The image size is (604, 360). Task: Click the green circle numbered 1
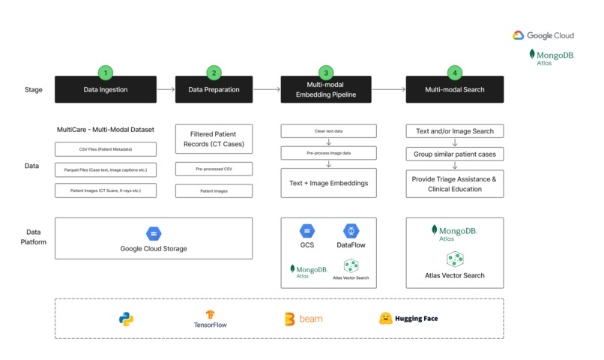pos(106,73)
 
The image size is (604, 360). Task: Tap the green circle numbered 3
pos(325,73)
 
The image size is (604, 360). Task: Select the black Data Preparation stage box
pos(214,90)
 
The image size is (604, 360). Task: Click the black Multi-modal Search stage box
pos(455,90)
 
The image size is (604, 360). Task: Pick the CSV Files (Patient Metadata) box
pos(106,149)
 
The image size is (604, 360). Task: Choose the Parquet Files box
pos(106,170)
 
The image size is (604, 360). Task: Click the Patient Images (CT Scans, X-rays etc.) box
pos(106,191)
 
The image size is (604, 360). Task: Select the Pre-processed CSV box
pos(214,169)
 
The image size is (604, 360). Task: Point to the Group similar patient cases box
pos(455,154)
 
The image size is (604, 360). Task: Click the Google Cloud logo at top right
pos(543,35)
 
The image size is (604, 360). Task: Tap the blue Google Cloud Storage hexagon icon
pos(154,233)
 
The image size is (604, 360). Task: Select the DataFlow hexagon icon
pos(351,232)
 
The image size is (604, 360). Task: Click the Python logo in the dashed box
pos(126,319)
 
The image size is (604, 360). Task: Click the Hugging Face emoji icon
pos(386,319)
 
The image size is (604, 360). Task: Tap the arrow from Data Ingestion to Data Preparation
pos(166,90)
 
